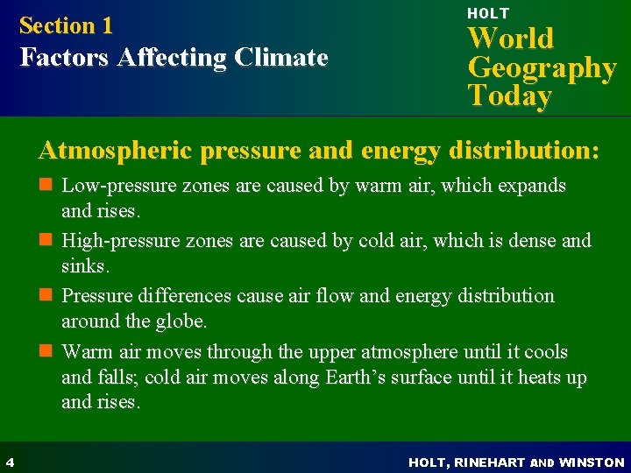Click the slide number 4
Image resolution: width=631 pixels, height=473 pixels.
click(8, 462)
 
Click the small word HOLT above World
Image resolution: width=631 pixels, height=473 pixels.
click(487, 13)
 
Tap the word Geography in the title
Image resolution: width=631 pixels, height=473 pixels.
click(542, 67)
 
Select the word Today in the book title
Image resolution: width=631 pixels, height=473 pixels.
click(509, 95)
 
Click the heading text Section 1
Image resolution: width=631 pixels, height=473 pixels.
click(66, 25)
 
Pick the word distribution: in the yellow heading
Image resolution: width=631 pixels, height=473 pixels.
click(522, 151)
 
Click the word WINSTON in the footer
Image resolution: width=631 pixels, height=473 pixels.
click(591, 462)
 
